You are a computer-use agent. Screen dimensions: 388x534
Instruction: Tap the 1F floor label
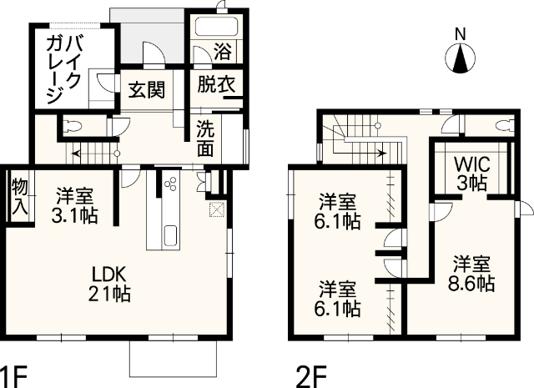point(15,374)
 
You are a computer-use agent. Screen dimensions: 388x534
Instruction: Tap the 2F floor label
point(310,374)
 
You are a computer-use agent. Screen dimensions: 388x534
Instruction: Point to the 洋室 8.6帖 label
point(473,273)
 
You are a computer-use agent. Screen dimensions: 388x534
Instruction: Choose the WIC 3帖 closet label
point(471,172)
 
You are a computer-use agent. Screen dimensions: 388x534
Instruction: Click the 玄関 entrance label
point(145,89)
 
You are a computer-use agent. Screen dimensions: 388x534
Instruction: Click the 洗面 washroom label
point(205,139)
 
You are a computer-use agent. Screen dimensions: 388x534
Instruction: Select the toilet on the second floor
point(503,125)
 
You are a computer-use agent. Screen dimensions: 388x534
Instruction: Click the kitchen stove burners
point(171,186)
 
